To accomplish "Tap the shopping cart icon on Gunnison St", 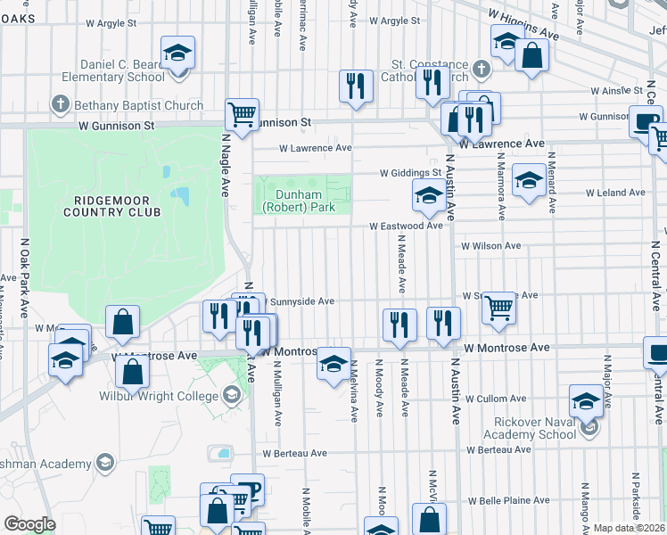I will click(x=242, y=114).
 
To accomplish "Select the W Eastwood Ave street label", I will click(x=407, y=226).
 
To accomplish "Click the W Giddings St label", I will click(x=410, y=173).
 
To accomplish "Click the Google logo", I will click(x=29, y=524).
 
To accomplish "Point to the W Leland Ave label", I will click(x=614, y=193).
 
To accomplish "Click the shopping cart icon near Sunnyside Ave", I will click(x=499, y=308).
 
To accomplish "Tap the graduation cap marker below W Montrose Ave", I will click(x=334, y=364).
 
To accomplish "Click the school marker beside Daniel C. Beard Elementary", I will click(x=177, y=53).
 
